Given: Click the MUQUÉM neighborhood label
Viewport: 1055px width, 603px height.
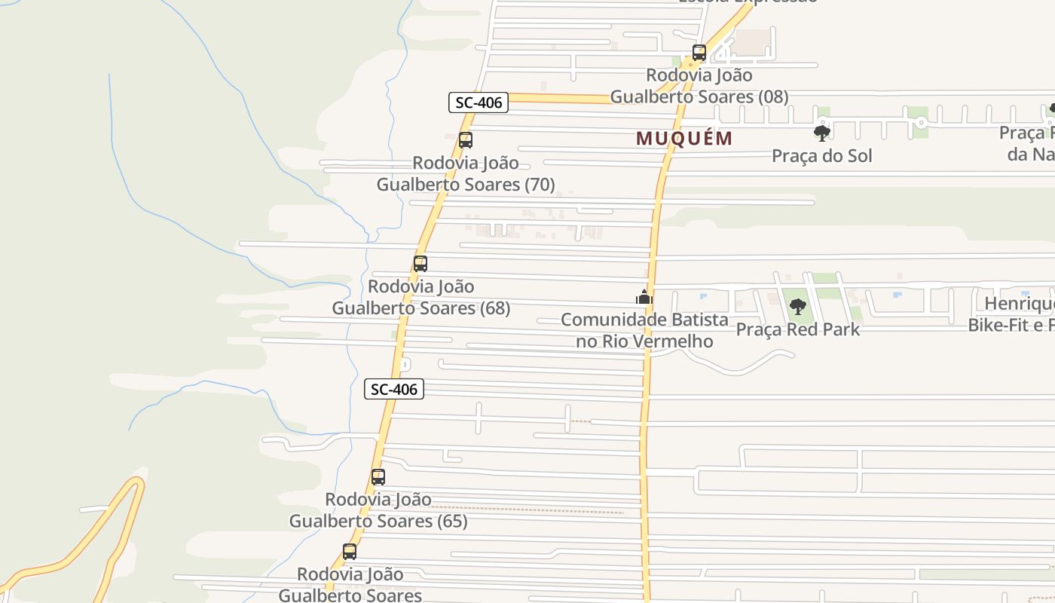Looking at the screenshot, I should (684, 139).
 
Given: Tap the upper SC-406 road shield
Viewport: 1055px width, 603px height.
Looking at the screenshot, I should (479, 103).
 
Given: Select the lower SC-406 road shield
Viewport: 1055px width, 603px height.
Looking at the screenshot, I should (394, 389).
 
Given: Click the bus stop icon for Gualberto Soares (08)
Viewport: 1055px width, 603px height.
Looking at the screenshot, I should (699, 53).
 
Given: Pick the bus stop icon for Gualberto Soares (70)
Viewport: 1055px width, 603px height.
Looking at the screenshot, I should (466, 140).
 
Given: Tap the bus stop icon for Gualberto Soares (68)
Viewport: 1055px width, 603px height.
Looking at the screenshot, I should (420, 264).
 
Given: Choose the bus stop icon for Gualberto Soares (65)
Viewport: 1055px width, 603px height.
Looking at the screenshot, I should (378, 477).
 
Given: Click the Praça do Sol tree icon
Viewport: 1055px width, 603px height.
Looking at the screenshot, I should (822, 133).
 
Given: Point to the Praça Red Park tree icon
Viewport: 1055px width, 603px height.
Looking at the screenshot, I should (797, 307).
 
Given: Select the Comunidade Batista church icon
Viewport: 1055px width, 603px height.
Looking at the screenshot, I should (644, 297).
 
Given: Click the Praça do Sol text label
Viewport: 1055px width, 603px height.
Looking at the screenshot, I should (822, 156).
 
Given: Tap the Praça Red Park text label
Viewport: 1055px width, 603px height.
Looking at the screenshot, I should (797, 329).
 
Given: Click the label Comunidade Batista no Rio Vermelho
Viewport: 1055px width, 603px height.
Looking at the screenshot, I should (644, 330).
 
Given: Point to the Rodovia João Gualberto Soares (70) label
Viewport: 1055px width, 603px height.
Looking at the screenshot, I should (466, 173).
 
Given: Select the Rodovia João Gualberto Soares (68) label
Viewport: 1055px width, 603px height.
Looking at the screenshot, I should (420, 297).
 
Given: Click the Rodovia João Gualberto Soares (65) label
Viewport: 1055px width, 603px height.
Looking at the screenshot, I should (378, 510).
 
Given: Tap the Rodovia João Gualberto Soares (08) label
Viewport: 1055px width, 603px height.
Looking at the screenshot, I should (699, 86).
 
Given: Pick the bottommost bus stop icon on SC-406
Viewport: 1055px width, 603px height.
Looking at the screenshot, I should (350, 551).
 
